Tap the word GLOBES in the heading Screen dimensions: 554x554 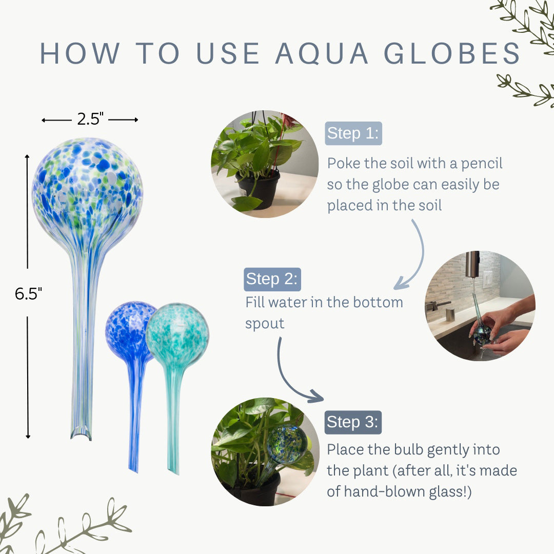453,53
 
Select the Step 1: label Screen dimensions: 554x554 353,133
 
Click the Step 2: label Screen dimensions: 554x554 272,279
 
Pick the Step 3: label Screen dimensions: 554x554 353,422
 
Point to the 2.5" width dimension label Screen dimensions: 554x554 90,120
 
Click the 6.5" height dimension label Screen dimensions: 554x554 28,294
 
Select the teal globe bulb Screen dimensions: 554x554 177,335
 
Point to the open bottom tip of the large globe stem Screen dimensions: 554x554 81,434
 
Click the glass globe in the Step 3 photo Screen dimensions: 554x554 287,444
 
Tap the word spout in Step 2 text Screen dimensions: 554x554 265,324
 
